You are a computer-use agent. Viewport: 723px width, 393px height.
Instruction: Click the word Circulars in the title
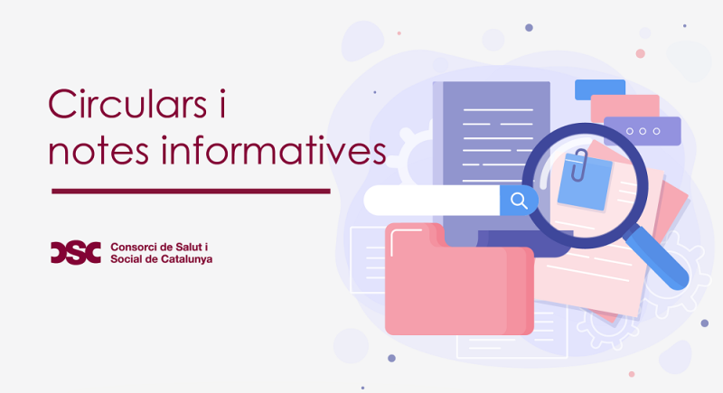(x=127, y=104)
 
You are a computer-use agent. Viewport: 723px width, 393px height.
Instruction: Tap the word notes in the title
(x=99, y=150)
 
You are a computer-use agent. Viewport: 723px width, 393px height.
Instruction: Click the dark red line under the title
(x=191, y=191)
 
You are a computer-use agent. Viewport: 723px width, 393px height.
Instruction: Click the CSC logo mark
(x=76, y=252)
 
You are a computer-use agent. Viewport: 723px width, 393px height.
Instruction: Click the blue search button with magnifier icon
(x=519, y=201)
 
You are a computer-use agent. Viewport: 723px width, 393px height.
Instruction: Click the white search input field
(x=432, y=201)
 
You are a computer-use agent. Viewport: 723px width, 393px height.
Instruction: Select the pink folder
(x=459, y=279)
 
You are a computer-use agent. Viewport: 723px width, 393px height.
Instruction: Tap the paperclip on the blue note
(x=579, y=164)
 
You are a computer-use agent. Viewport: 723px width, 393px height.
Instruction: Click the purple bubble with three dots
(x=643, y=131)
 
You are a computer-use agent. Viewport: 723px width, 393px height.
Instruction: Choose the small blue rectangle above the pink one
(x=600, y=89)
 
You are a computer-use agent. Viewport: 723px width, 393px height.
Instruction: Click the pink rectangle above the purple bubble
(x=624, y=107)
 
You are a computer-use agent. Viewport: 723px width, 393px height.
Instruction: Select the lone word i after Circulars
(x=222, y=104)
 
